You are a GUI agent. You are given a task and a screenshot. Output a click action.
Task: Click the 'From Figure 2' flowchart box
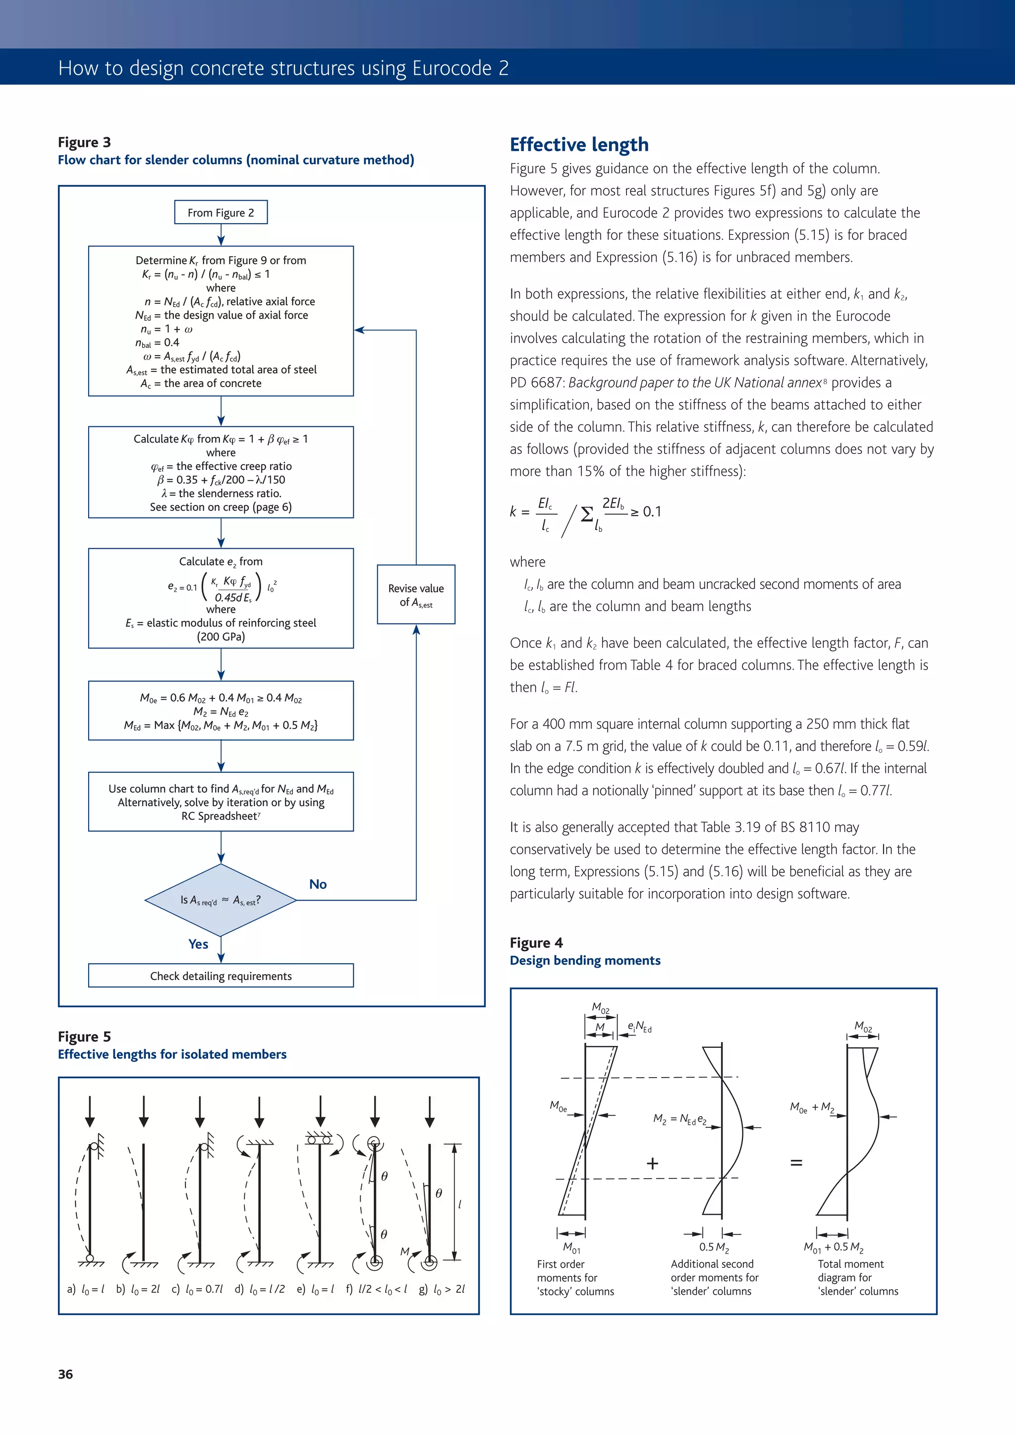click(221, 213)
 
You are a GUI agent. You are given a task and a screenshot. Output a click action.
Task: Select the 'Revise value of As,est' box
click(416, 595)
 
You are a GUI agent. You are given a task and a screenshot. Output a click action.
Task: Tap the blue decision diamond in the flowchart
click(221, 900)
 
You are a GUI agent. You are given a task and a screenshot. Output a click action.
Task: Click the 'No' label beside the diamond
click(318, 884)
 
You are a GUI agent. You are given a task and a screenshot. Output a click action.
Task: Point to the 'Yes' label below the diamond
click(198, 944)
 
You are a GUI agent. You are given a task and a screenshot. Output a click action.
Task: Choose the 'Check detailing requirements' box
click(221, 976)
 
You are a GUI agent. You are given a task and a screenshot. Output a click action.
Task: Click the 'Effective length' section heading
click(579, 144)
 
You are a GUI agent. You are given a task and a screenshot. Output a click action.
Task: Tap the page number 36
click(65, 1374)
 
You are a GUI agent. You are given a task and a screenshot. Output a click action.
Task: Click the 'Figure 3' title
click(84, 142)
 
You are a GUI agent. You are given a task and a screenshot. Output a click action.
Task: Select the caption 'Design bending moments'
click(585, 960)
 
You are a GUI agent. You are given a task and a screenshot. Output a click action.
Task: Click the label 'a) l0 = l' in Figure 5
click(86, 1289)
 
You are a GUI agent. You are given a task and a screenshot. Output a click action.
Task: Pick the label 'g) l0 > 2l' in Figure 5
click(442, 1289)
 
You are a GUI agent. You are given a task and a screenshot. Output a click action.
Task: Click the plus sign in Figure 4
click(652, 1163)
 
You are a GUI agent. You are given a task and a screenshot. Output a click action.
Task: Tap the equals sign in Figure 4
click(796, 1163)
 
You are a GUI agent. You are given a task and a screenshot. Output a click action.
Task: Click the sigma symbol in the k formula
click(587, 514)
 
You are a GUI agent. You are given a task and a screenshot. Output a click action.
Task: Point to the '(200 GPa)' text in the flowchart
click(221, 636)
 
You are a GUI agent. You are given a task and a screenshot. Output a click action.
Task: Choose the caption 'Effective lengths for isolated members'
click(172, 1054)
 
